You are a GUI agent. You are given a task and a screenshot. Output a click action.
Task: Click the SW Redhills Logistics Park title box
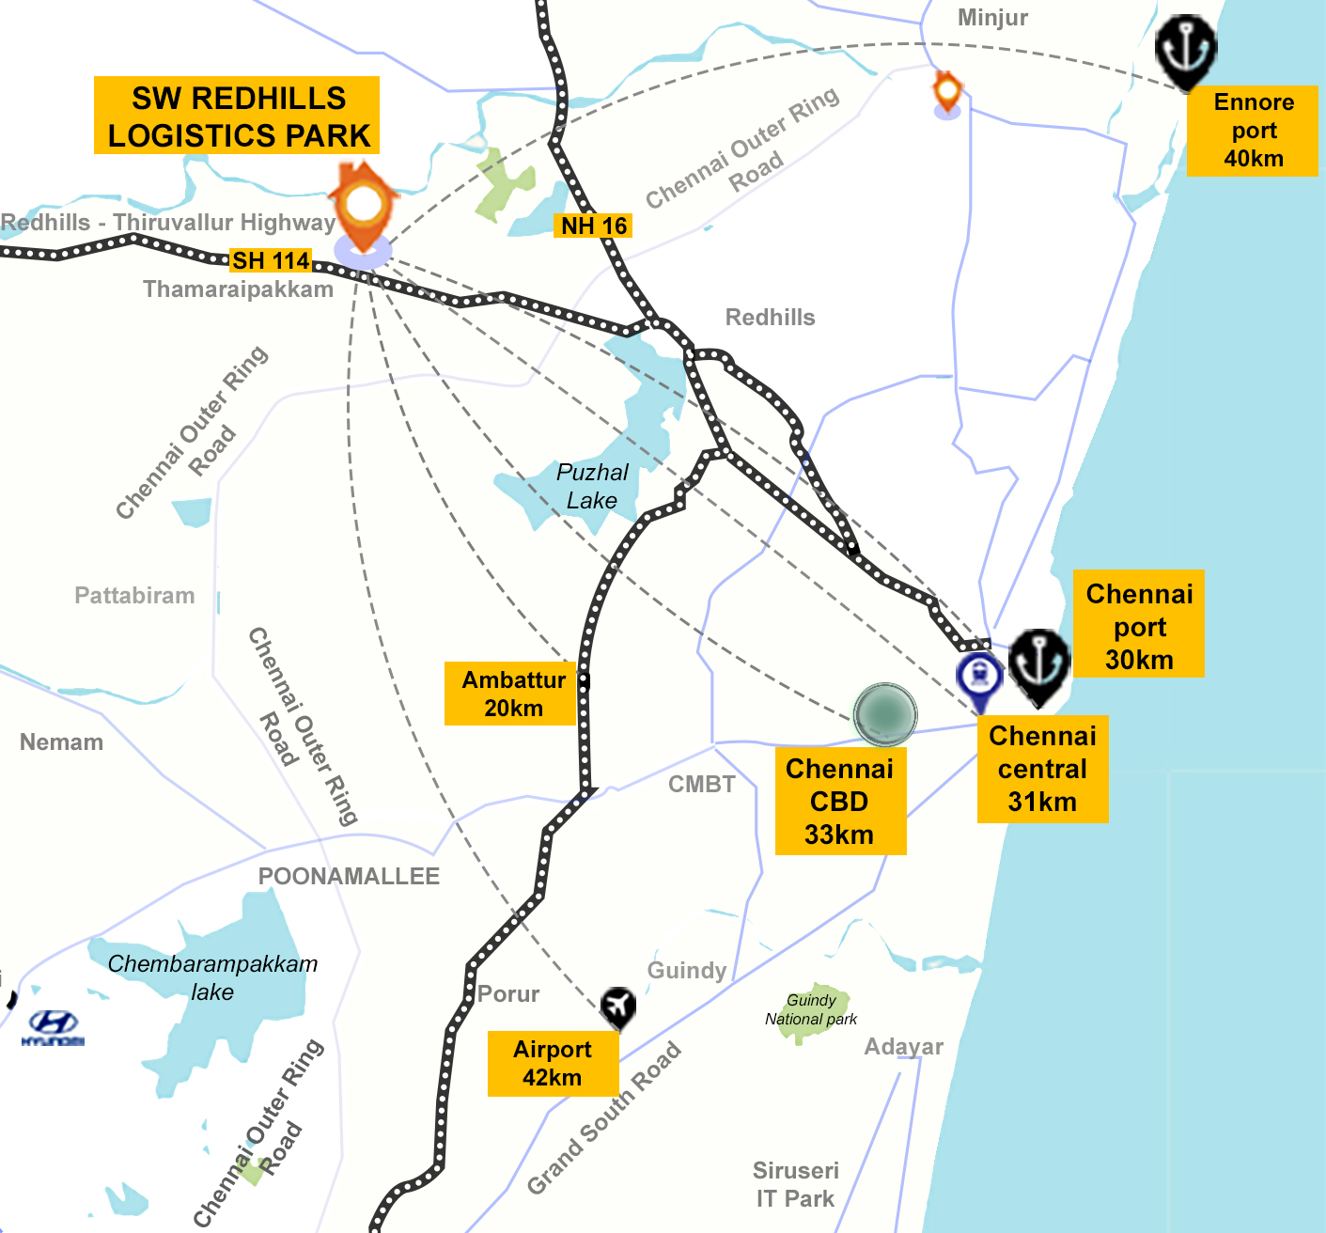237,116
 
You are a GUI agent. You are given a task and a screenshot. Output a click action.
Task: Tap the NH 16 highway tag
593,226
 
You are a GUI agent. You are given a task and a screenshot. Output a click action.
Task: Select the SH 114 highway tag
271,260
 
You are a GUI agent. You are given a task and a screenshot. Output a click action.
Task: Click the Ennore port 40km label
1253,131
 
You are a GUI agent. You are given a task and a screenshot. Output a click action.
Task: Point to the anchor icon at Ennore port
1186,50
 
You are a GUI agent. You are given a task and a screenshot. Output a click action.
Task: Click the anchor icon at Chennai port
1039,663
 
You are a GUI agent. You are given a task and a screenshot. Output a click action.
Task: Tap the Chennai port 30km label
1139,626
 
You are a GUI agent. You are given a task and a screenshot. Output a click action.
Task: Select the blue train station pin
979,679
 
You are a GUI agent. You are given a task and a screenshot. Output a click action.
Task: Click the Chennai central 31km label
1042,769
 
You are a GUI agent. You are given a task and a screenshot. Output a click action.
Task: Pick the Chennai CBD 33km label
840,802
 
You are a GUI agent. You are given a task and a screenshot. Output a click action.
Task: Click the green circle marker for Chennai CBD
885,714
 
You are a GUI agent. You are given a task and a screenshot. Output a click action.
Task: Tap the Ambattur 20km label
513,694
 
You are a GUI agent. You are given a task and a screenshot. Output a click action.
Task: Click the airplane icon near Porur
617,1007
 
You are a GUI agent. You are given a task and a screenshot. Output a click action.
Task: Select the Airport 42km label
553,1064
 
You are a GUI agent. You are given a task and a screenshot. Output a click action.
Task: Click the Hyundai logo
53,1027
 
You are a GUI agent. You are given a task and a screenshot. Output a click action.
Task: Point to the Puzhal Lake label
592,486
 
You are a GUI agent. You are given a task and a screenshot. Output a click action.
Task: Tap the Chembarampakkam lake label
212,977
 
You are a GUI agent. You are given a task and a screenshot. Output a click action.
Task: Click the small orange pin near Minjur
947,93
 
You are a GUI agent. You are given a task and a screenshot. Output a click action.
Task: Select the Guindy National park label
811,1009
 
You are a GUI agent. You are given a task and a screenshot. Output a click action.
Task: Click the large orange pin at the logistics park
364,209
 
